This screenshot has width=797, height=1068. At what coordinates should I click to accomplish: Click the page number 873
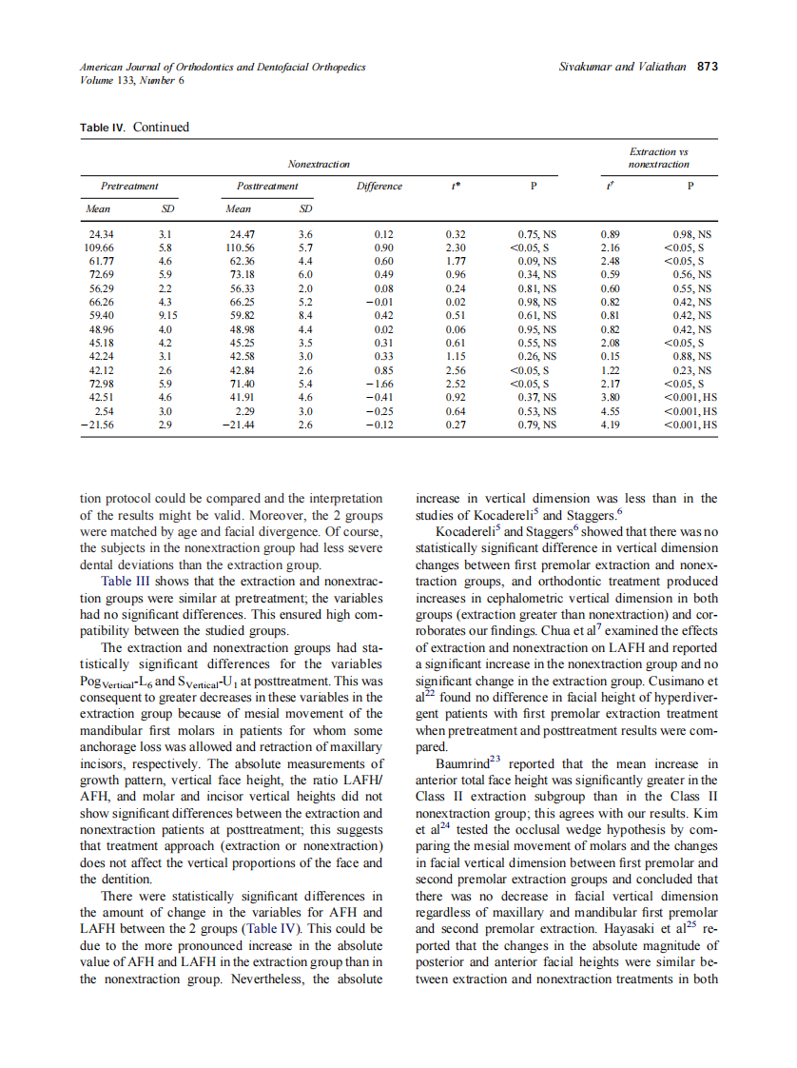(x=707, y=68)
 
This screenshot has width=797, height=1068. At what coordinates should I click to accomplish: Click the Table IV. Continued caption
(x=134, y=128)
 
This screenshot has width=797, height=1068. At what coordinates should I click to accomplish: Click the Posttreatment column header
(x=267, y=187)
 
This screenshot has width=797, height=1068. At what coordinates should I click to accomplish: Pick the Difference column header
(x=379, y=187)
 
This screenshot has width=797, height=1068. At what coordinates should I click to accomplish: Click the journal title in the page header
(x=223, y=68)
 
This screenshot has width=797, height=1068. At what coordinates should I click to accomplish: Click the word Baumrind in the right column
(x=461, y=764)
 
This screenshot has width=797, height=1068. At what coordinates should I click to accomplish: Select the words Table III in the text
(x=125, y=582)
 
